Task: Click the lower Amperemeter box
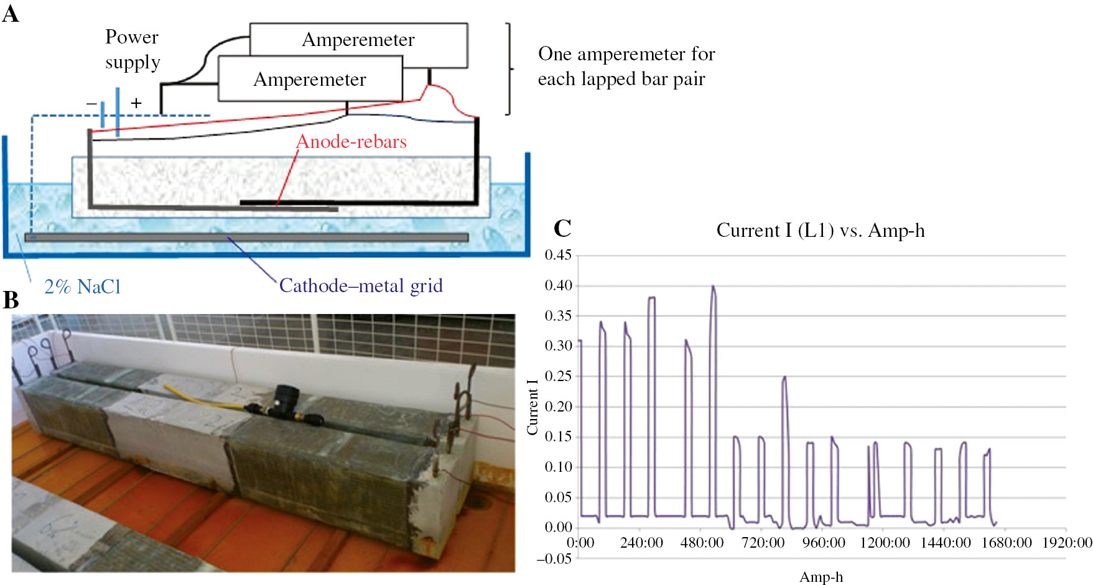pos(310,80)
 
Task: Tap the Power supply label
pos(133,50)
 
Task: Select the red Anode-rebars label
pos(351,142)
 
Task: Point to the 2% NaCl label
pos(82,287)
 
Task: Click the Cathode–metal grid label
pos(361,285)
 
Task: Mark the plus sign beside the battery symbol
pos(136,103)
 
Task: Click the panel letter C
pos(562,229)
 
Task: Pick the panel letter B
pos(11,300)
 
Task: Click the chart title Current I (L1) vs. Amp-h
pos(821,231)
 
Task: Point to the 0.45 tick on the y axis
pos(558,255)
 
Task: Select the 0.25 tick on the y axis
pos(558,376)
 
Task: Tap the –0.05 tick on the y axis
pos(555,558)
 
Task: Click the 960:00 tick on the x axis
pos(824,543)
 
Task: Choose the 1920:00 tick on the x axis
pos(1067,543)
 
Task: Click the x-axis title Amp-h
pos(821,577)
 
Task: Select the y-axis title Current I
pos(533,407)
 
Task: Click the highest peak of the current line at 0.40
pos(713,287)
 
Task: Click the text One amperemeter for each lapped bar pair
pos(626,67)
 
